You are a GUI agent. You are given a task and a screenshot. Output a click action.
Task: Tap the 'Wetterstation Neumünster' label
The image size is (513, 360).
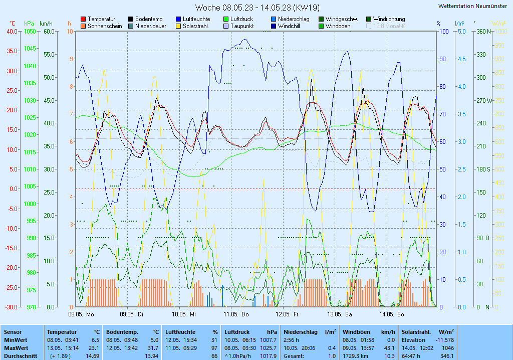[472, 6]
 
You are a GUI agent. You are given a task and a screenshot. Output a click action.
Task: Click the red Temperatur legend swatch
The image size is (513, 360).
[83, 19]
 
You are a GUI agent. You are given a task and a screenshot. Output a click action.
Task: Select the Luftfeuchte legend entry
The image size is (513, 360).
[193, 19]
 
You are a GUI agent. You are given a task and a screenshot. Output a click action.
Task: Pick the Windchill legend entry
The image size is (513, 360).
[289, 26]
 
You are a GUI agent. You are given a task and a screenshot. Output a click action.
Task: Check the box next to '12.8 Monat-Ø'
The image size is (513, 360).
[369, 26]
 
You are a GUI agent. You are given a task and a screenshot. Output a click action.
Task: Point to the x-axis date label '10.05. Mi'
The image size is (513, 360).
[183, 314]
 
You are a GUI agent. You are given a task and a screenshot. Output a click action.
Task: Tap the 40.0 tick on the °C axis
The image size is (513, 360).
[11, 31]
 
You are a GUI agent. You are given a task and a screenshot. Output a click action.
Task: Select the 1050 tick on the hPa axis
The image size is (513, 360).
[30, 31]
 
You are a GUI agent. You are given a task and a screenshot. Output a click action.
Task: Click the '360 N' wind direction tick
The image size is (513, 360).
[482, 31]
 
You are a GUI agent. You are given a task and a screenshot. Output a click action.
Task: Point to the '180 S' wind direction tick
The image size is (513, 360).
[482, 169]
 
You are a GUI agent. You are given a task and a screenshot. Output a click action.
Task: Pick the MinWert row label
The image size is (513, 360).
[15, 340]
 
